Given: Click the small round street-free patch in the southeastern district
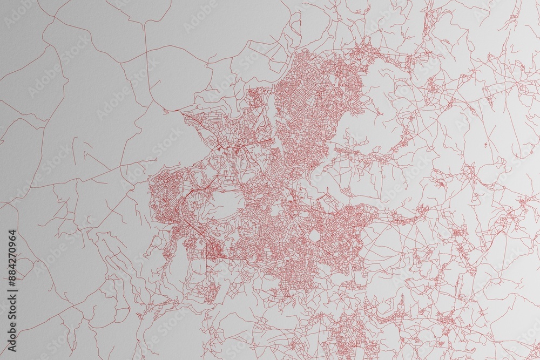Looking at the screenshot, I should pos(313,235).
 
